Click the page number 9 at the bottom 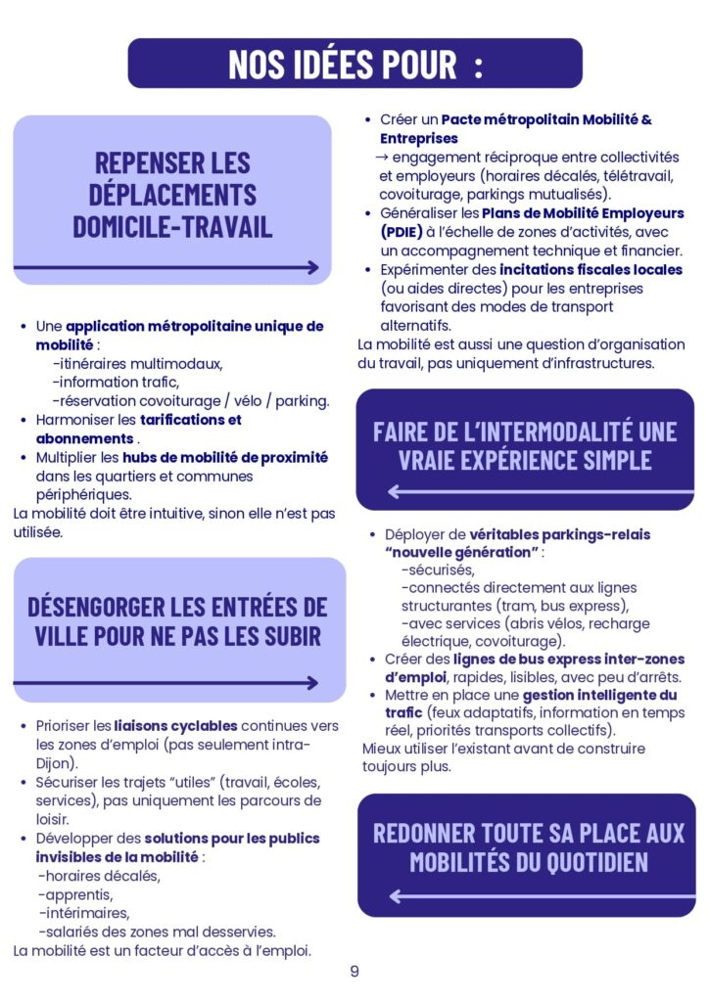[x=354, y=972]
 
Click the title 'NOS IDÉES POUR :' [x=354, y=65]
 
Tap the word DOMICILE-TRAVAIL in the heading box [x=172, y=225]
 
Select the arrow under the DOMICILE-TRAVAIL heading [x=166, y=267]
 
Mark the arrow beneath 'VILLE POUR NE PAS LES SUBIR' [x=166, y=683]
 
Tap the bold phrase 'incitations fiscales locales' [x=591, y=269]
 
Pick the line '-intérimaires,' [x=82, y=913]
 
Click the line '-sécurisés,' [x=438, y=569]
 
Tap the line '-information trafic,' [x=116, y=383]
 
